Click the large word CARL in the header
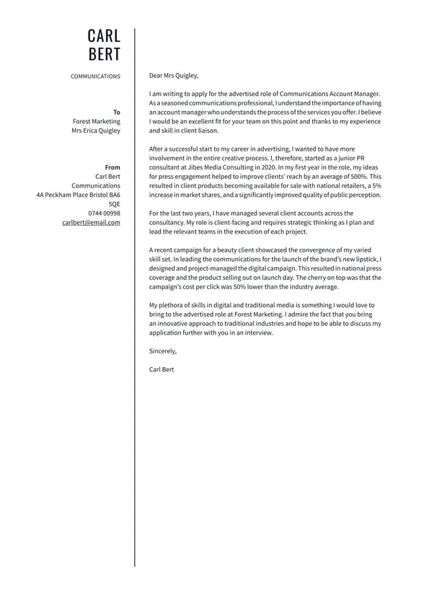(x=104, y=36)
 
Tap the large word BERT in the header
(x=104, y=55)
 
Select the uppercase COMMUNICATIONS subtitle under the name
(x=95, y=76)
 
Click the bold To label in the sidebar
(x=117, y=113)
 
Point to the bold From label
(x=112, y=167)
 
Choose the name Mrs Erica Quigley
(x=96, y=131)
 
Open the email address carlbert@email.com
(x=91, y=223)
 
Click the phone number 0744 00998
(x=105, y=213)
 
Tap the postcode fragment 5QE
(x=115, y=204)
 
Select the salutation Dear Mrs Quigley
(x=173, y=75)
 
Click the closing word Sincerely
(x=162, y=351)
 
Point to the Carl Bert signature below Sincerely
(x=161, y=369)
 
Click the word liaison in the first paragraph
(x=205, y=131)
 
